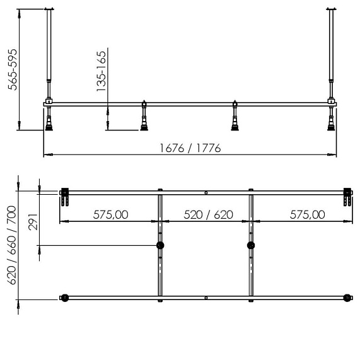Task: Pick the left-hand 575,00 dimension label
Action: pyautogui.click(x=112, y=214)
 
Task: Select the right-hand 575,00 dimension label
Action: pyautogui.click(x=307, y=214)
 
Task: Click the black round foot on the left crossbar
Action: pyautogui.click(x=160, y=245)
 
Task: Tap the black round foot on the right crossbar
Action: pyautogui.click(x=251, y=245)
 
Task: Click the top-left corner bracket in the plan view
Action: pyautogui.click(x=64, y=196)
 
